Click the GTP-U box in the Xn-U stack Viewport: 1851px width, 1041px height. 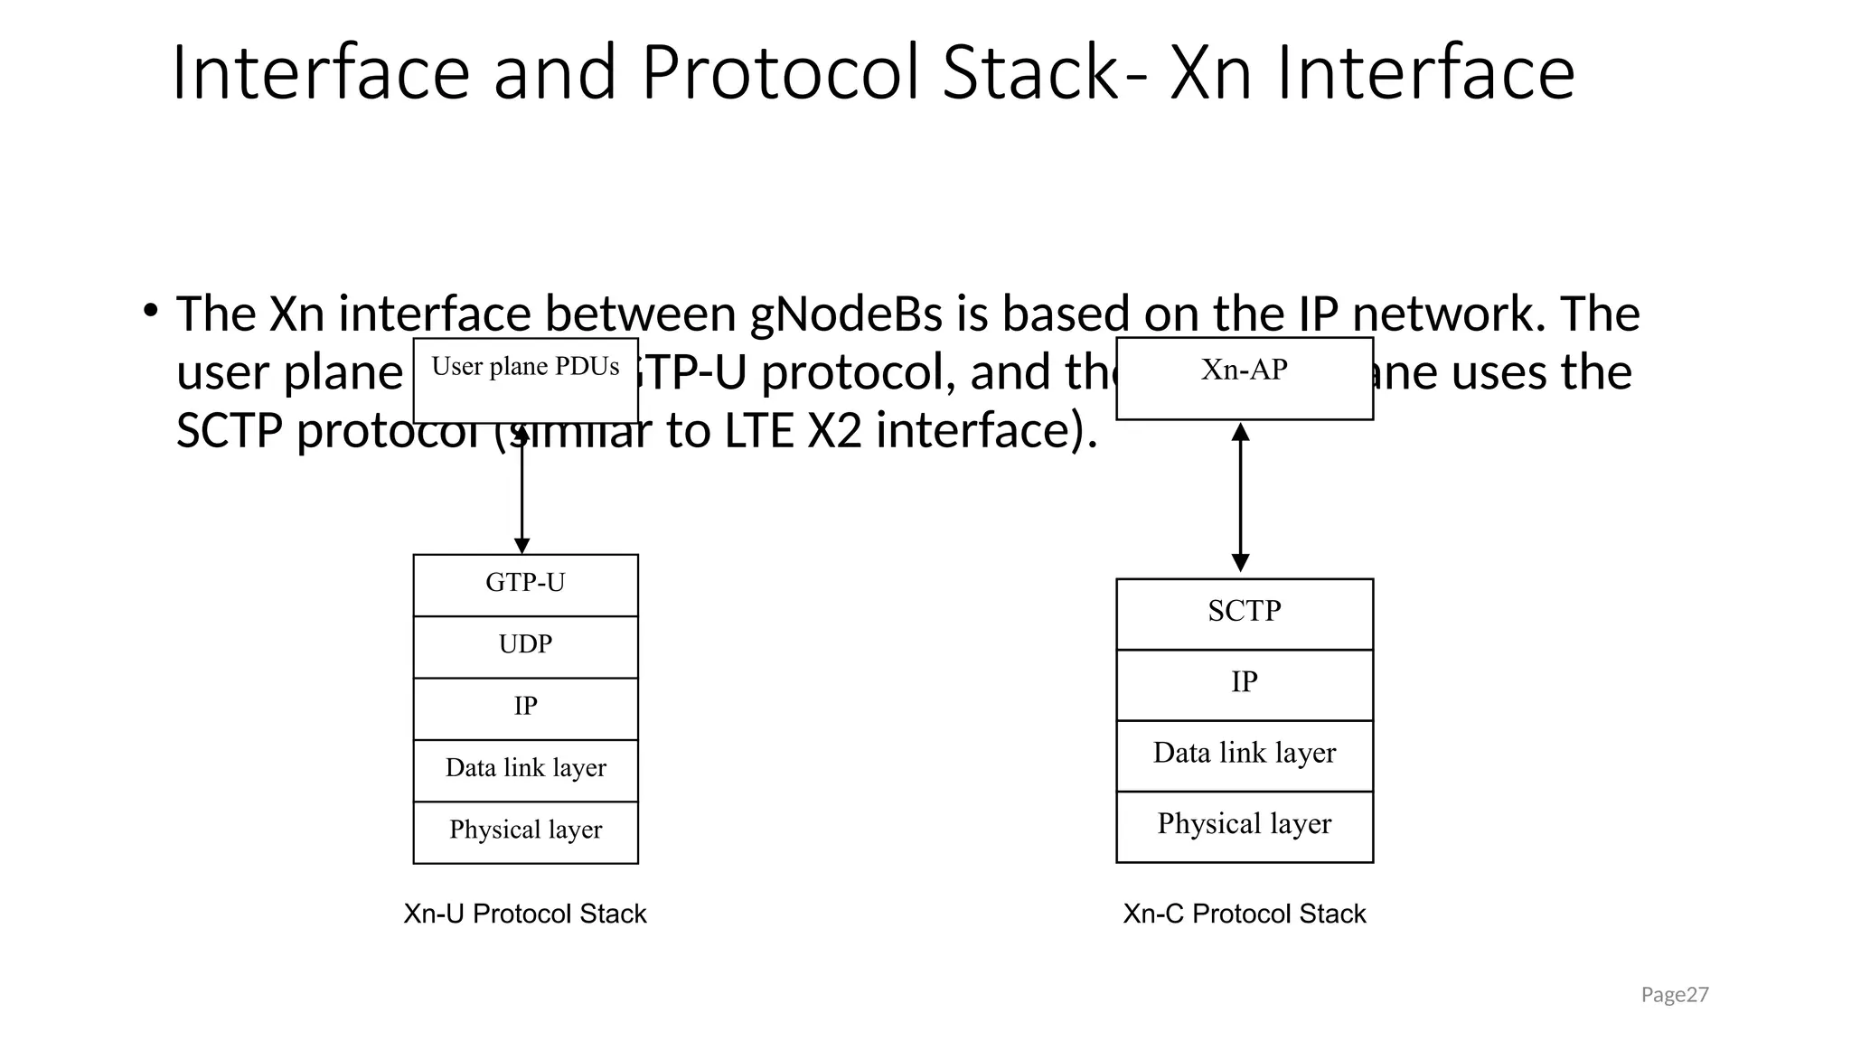click(525, 584)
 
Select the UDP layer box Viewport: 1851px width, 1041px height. click(525, 646)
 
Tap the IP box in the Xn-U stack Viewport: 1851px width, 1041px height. click(525, 708)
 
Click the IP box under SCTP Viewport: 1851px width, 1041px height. click(1244, 684)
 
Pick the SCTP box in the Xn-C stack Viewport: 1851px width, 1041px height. click(1244, 613)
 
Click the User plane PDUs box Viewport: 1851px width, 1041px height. click(525, 380)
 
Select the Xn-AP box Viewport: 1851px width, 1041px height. click(1244, 378)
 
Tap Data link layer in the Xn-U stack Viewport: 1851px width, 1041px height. click(525, 769)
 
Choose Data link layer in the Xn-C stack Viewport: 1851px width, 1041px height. click(1244, 755)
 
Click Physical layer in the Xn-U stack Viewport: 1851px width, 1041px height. click(525, 831)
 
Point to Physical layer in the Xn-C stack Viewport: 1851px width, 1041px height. click(1244, 825)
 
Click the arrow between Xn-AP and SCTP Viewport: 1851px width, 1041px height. click(1240, 497)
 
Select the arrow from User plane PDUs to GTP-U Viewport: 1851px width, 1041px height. click(521, 492)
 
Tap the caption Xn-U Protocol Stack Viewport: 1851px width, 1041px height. click(524, 914)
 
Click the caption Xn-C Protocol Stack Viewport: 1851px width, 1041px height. click(1244, 914)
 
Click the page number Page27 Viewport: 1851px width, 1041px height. click(1674, 995)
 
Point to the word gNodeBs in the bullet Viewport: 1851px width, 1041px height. click(846, 314)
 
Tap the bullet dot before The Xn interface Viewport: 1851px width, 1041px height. click(151, 311)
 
